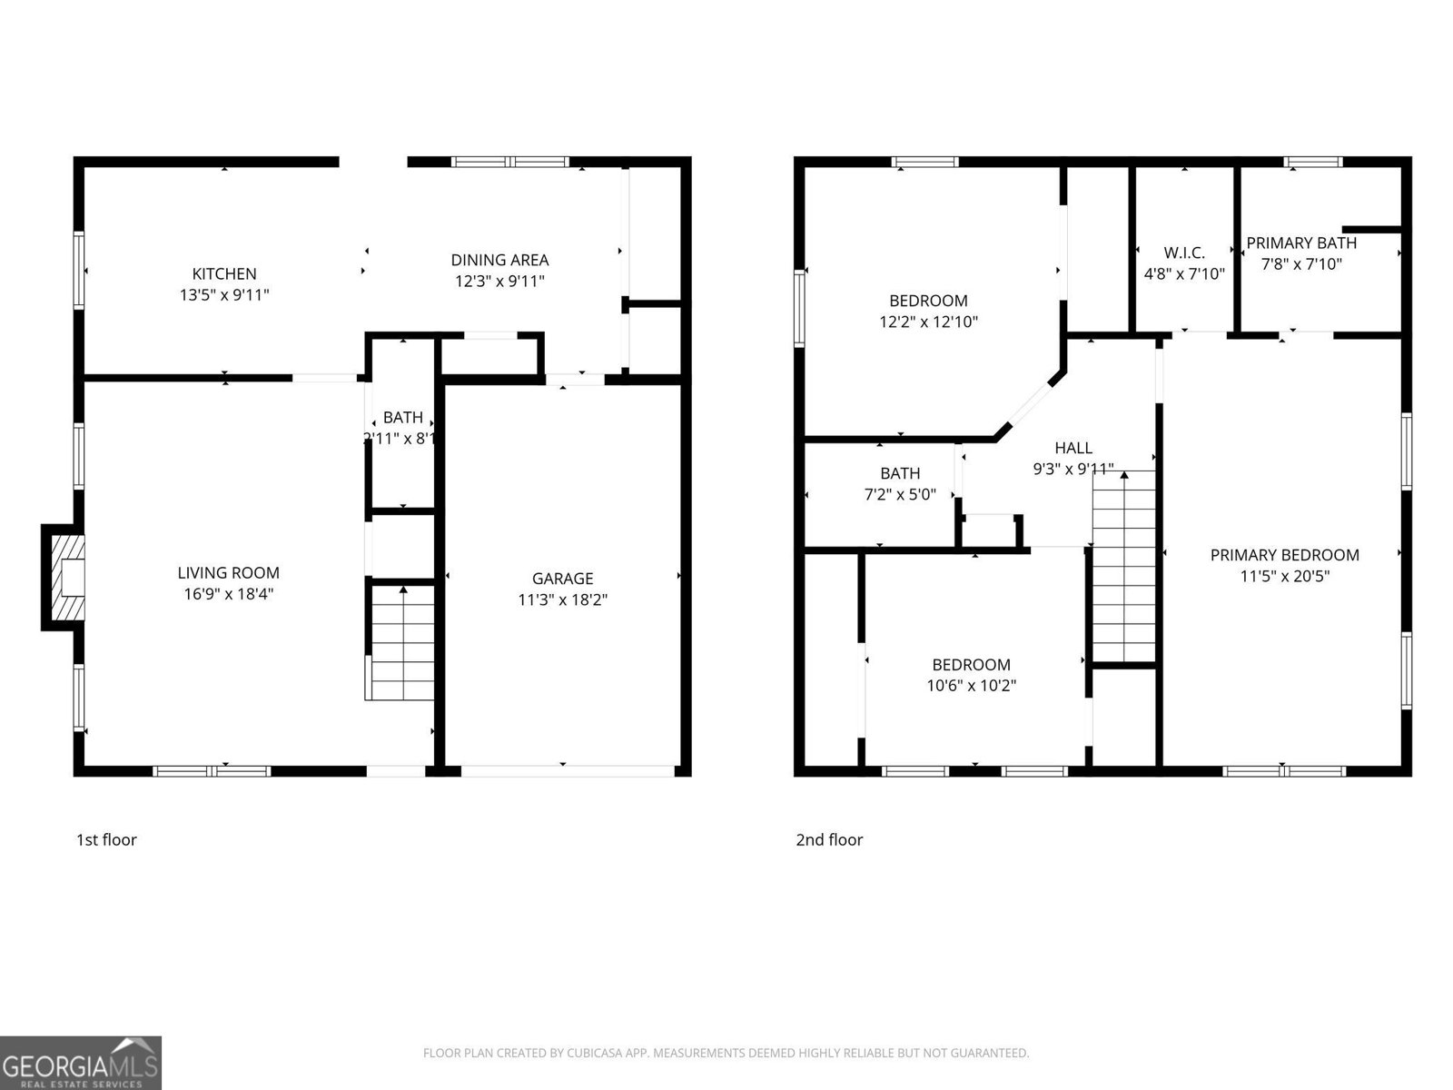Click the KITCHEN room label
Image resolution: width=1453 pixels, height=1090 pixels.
(x=224, y=273)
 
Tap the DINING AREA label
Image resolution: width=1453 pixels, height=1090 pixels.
(x=499, y=261)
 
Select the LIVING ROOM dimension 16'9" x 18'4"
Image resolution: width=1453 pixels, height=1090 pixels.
(x=228, y=594)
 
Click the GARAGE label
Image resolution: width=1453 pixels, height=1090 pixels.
(x=562, y=579)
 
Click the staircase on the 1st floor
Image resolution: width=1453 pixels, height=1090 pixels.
(x=400, y=645)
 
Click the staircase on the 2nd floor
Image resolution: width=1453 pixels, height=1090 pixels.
(x=1123, y=568)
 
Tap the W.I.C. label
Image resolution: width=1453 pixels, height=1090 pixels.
(x=1184, y=253)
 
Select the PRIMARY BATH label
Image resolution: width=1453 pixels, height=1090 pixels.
(x=1300, y=243)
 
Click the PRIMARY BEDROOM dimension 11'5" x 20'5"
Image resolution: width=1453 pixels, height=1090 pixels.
(x=1284, y=575)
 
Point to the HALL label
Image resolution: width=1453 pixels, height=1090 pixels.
(x=1073, y=448)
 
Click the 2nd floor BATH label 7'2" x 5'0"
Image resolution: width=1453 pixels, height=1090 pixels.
(x=900, y=473)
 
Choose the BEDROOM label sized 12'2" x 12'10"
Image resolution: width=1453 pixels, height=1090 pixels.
(x=928, y=301)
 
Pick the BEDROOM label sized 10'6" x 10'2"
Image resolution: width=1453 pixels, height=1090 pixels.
(x=971, y=665)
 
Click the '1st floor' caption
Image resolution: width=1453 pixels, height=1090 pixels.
(x=106, y=839)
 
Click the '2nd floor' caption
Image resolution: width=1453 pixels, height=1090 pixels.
(x=829, y=839)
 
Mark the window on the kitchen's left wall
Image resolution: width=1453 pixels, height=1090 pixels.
(x=79, y=271)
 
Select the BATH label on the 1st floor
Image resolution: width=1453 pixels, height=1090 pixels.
(x=402, y=418)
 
